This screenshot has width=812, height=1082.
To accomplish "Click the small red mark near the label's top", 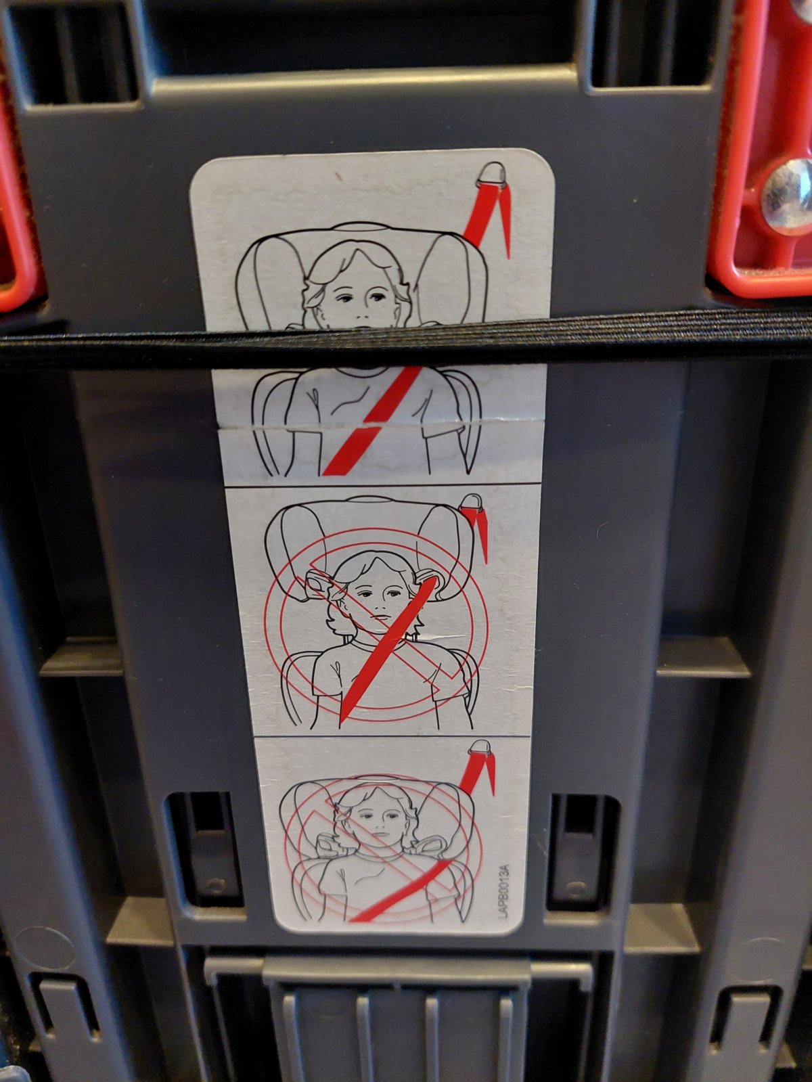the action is pos(338,175).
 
